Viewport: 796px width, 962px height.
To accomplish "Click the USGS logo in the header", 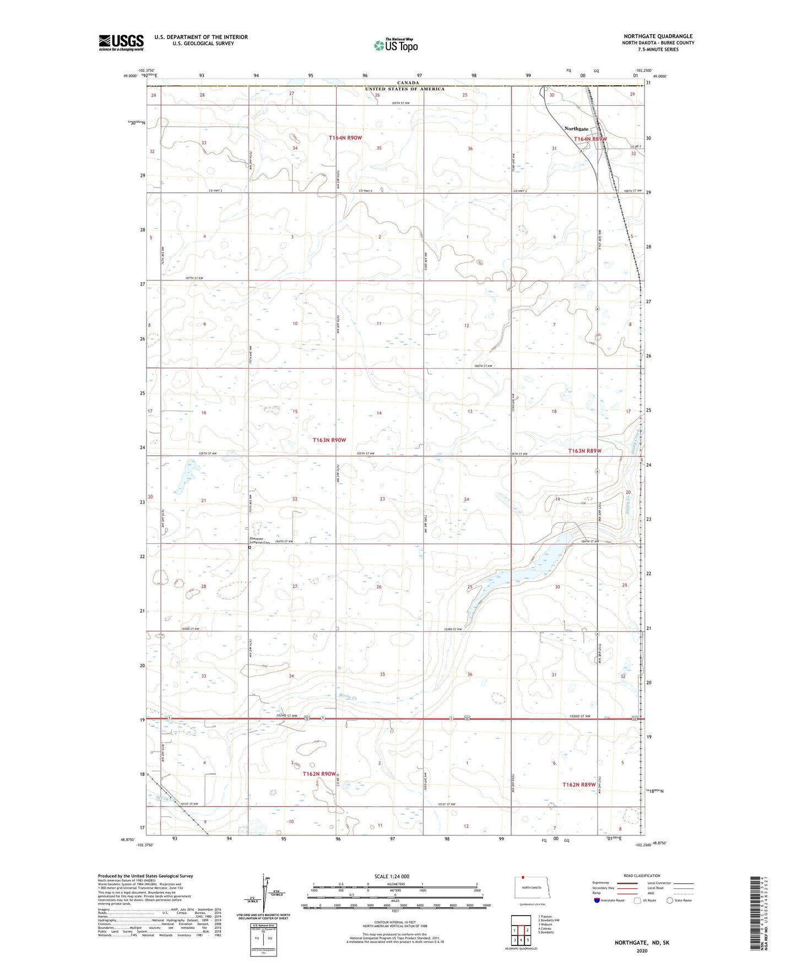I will pos(121,42).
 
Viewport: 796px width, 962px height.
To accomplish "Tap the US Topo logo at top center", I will pos(395,45).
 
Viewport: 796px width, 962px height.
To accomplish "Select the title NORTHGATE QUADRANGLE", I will pos(658,36).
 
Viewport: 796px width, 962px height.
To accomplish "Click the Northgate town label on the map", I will pos(577,129).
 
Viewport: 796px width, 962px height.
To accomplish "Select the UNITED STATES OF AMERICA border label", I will pos(404,89).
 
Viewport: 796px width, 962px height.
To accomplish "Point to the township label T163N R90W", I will pos(329,440).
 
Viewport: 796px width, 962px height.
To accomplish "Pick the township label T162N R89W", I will pos(579,785).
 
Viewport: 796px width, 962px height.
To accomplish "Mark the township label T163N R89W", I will pos(584,451).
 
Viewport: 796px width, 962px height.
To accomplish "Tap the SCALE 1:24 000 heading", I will pos(392,876).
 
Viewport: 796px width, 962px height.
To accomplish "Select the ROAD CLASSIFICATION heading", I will pos(642,875).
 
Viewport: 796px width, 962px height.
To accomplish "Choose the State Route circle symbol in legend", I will pos(670,900).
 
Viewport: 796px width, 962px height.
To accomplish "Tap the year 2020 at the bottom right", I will pos(642,950).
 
